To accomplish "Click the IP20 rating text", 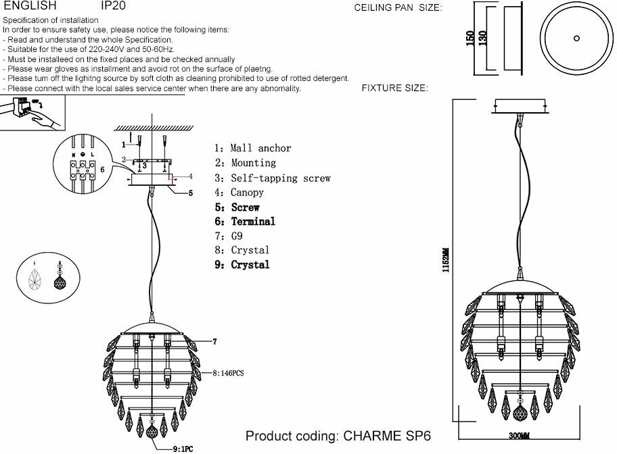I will click(x=113, y=5).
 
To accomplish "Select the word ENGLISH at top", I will click(x=30, y=5).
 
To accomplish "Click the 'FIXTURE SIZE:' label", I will click(x=394, y=89).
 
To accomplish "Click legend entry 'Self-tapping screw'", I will click(x=280, y=178).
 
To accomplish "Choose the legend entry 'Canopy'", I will click(x=246, y=193).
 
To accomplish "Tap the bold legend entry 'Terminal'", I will click(x=253, y=222).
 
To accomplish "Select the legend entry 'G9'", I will click(x=236, y=236).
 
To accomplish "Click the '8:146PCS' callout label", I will click(x=228, y=372).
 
